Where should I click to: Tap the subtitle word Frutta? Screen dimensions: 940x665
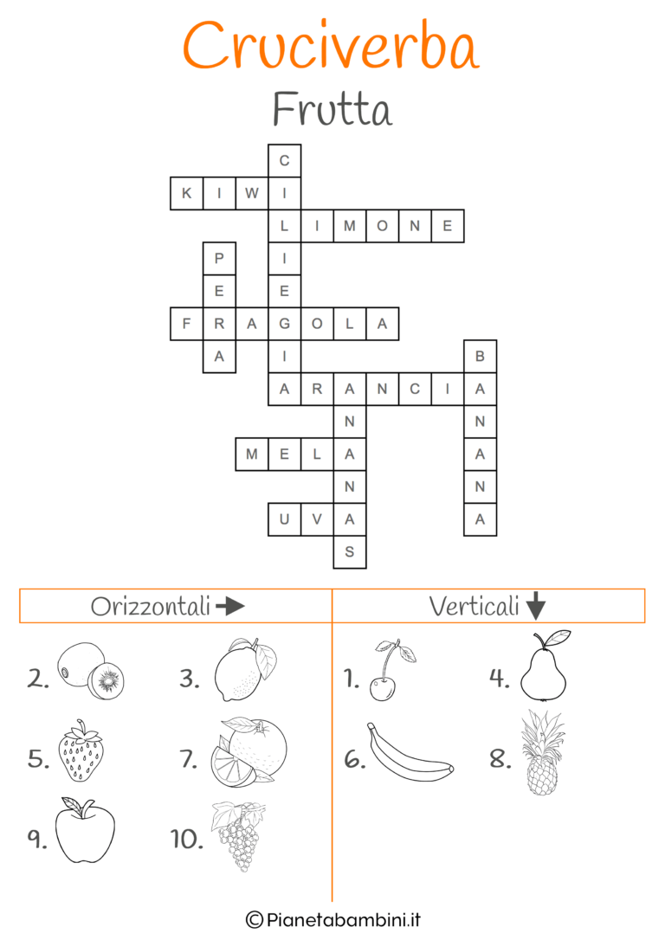coord(332,110)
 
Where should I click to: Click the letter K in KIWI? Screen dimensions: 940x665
coord(186,194)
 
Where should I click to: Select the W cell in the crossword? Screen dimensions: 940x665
coord(252,194)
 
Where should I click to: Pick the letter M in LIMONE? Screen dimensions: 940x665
coord(350,226)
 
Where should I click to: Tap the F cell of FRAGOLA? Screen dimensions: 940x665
coord(186,324)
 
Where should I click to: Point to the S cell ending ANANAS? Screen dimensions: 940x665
coord(350,551)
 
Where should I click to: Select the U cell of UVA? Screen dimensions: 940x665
coord(284,518)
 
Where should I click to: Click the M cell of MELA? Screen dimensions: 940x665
coord(252,454)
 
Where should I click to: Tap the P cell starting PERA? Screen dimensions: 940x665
coord(219,259)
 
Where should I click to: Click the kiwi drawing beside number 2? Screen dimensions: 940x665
coord(90,670)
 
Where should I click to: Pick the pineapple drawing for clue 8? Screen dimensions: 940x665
coord(542,753)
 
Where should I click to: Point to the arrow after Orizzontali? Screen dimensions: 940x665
coord(229,606)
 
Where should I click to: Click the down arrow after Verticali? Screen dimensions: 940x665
coord(536,606)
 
